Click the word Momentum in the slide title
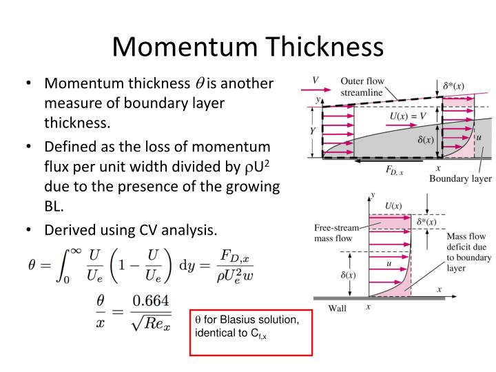coord(185,47)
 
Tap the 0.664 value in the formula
coord(151,300)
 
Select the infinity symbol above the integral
coord(76,251)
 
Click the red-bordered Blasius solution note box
coord(251,333)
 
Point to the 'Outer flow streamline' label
coord(362,87)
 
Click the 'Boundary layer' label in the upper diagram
coord(460,178)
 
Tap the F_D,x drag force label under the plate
coord(395,170)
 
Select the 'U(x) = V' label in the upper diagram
coord(408,116)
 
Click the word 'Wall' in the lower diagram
coord(337,308)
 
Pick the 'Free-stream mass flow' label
coord(337,233)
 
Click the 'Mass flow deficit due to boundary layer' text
coord(469,252)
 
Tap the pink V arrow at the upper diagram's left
coord(316,90)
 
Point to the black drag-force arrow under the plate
coord(389,161)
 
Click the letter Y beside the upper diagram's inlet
coord(313,131)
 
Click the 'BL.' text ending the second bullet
coord(54,206)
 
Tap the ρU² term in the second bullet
coord(257,167)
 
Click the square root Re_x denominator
coord(151,322)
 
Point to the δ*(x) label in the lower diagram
coord(426,222)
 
